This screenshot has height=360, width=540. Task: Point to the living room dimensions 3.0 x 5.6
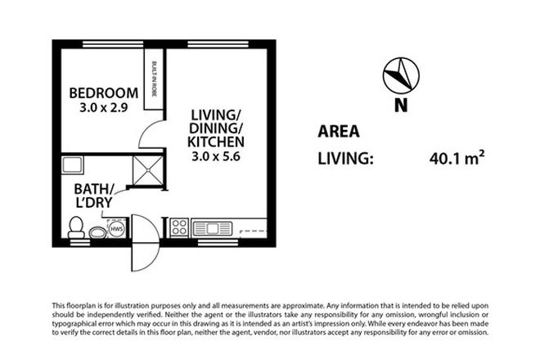tap(218, 157)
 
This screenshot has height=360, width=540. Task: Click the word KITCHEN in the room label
tap(218, 142)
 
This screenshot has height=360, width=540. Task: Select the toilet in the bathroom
tap(77, 227)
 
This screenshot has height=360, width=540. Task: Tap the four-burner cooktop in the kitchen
tap(180, 227)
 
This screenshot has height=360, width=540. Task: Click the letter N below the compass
tap(400, 104)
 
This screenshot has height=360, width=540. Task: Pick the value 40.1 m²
tap(455, 157)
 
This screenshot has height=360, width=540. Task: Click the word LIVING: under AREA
tap(344, 158)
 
